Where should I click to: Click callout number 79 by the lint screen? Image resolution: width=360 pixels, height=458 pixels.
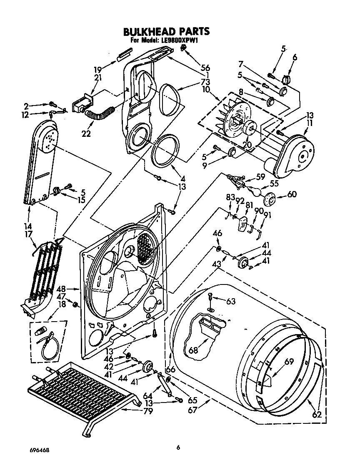click(147, 411)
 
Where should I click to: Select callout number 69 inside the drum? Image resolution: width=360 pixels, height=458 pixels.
click(290, 362)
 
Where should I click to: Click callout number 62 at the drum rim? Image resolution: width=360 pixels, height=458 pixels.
click(317, 415)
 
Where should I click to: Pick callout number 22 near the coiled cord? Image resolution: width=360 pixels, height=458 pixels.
click(86, 134)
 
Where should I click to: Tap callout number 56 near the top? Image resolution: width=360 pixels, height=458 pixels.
click(205, 68)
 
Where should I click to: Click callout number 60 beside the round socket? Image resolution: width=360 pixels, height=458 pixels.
click(292, 194)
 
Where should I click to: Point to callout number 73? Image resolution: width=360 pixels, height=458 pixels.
click(205, 81)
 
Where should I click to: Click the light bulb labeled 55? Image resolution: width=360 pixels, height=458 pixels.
click(254, 191)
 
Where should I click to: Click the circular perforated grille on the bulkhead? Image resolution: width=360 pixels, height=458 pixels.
click(145, 248)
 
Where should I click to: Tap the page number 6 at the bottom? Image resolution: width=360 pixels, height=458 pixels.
click(178, 447)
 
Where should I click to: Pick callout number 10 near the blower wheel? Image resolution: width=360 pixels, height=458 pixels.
click(205, 89)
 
